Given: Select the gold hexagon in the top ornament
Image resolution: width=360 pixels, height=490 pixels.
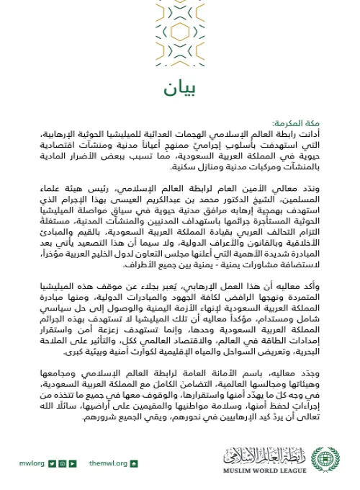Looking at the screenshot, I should [179, 33].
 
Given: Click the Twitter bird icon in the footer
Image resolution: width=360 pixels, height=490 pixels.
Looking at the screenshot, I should [53, 463].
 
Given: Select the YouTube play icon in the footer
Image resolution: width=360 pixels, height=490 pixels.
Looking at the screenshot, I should [73, 463].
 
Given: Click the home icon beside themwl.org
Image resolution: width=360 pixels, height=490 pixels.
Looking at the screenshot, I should [134, 463].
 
